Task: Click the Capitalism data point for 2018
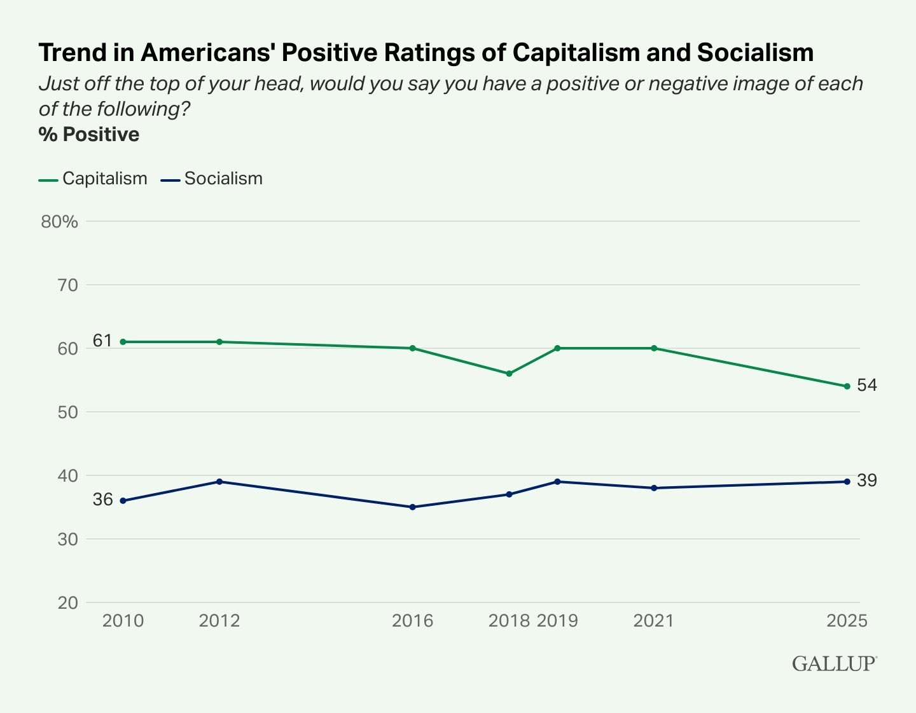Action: [509, 374]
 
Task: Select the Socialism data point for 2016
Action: [412, 507]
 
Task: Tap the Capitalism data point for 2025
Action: [847, 386]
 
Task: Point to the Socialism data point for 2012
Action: [219, 482]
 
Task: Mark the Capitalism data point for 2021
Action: [654, 348]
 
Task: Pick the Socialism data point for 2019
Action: [557, 482]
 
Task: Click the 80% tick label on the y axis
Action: [59, 222]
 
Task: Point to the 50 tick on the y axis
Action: [67, 412]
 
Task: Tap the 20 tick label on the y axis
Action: [67, 602]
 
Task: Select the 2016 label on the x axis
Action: [412, 620]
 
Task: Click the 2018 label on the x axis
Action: [509, 620]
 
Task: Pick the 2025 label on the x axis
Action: [847, 620]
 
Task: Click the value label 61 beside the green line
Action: [102, 341]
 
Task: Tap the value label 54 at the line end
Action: [867, 385]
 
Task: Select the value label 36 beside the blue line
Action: [102, 500]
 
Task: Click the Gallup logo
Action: [834, 663]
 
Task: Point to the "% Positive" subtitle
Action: [89, 135]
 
